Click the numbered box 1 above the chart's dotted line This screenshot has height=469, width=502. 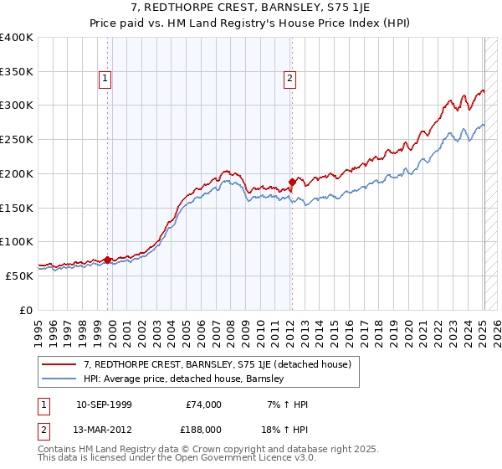click(105, 80)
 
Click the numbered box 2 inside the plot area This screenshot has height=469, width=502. click(289, 80)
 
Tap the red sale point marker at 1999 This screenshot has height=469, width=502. click(108, 260)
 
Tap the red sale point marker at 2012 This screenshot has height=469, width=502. click(292, 182)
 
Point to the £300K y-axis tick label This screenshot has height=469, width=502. click(17, 106)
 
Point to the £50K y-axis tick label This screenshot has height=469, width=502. click(19, 276)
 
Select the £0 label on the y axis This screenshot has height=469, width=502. click(27, 310)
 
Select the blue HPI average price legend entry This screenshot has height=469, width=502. click(184, 379)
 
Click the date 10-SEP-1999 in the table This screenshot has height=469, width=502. click(103, 405)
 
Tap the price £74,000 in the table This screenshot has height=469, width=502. click(203, 405)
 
